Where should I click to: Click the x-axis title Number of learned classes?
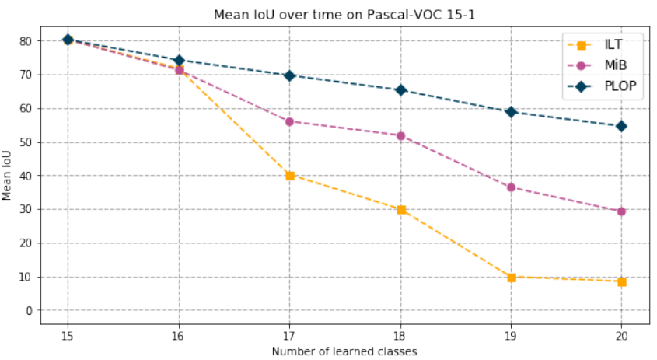tap(344, 351)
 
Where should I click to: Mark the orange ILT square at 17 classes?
tap(290, 176)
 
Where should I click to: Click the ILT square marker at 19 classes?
tap(511, 277)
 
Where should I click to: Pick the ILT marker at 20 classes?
tap(622, 281)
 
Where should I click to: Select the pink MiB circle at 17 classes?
tap(290, 121)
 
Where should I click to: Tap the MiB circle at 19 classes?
tap(511, 187)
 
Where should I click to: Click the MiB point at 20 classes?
tap(622, 211)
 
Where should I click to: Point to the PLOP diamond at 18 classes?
tap(400, 90)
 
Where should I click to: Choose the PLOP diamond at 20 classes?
tap(622, 126)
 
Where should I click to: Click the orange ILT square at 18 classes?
tap(400, 210)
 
